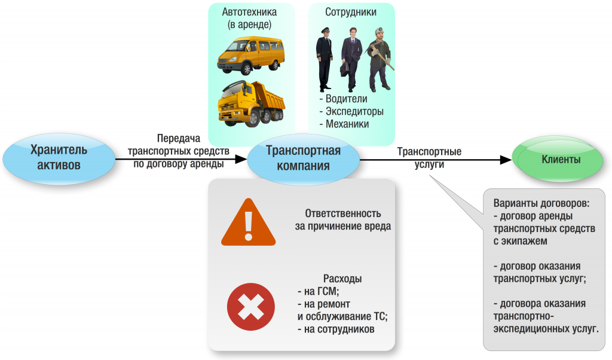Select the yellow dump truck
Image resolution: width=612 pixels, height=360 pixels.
click(x=252, y=103)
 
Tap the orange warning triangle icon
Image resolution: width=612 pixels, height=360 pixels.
click(x=249, y=222)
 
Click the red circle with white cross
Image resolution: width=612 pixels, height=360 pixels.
click(x=251, y=307)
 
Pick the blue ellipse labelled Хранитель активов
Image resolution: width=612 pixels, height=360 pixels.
click(x=59, y=158)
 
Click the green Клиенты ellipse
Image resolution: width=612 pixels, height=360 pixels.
click(x=558, y=158)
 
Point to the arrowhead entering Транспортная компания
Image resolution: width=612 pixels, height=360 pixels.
click(x=241, y=159)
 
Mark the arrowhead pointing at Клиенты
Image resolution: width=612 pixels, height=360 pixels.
click(x=506, y=159)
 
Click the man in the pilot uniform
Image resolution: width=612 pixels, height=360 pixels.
click(x=324, y=59)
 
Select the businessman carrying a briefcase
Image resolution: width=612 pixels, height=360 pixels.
click(x=351, y=59)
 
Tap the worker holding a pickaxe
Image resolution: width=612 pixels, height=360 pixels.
click(x=379, y=59)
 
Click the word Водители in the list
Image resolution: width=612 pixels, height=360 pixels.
click(x=346, y=99)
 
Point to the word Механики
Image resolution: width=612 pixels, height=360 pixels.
click(x=347, y=124)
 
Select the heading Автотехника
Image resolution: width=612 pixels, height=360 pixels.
click(x=249, y=12)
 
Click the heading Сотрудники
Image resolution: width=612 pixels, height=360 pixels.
click(x=351, y=12)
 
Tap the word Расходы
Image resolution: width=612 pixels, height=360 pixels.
click(x=342, y=279)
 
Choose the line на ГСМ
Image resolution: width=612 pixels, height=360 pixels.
click(x=318, y=291)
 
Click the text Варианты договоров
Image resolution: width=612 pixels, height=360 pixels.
click(x=541, y=203)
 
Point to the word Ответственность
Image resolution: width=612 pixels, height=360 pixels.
click(x=342, y=213)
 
